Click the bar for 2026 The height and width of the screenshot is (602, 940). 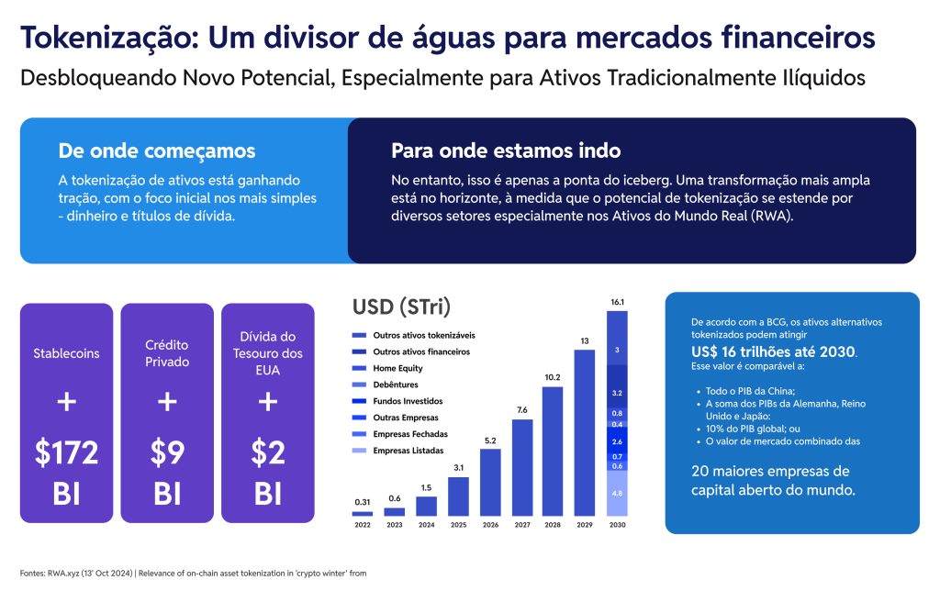pyautogui.click(x=490, y=482)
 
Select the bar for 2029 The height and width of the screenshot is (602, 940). pyautogui.click(x=585, y=432)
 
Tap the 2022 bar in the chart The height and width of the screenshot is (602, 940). pyautogui.click(x=363, y=513)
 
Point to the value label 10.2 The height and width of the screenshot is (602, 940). pyautogui.click(x=553, y=377)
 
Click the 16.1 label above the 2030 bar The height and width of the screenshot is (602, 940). pyautogui.click(x=617, y=301)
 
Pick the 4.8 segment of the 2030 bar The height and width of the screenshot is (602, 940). pyautogui.click(x=617, y=493)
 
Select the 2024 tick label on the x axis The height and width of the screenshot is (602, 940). pyautogui.click(x=426, y=526)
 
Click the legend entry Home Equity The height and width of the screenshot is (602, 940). pyautogui.click(x=397, y=368)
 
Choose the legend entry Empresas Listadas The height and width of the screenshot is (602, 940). pyautogui.click(x=408, y=451)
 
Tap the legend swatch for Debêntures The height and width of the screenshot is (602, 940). pyautogui.click(x=360, y=385)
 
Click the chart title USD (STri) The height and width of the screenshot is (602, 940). pyautogui.click(x=401, y=306)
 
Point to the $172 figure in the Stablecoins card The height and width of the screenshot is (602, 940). pyautogui.click(x=67, y=452)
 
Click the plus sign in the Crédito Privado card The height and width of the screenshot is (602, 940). pyautogui.click(x=167, y=402)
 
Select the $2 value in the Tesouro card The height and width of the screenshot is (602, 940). pyautogui.click(x=268, y=452)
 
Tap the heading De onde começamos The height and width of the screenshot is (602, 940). pyautogui.click(x=157, y=150)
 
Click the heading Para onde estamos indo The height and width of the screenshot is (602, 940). pyautogui.click(x=506, y=150)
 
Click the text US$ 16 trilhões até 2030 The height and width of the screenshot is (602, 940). pyautogui.click(x=773, y=352)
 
